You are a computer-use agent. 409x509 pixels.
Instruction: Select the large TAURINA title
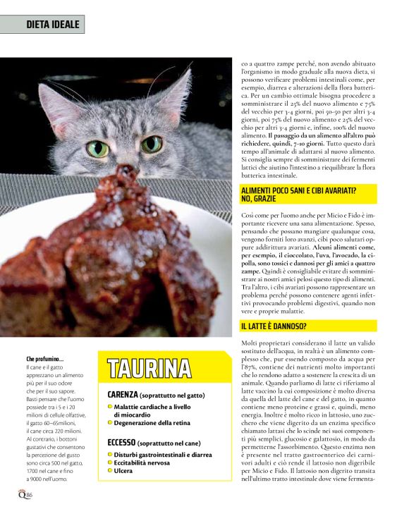coord(149,368)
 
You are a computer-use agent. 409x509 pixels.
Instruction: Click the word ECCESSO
coord(121,442)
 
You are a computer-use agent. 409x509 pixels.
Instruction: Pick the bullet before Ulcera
coord(111,471)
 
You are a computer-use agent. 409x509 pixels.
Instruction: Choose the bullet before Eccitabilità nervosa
coord(111,462)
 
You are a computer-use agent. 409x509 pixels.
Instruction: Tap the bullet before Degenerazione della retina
coord(111,423)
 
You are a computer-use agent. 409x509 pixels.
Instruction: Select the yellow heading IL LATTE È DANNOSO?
coord(274,326)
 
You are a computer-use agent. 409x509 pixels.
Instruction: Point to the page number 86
coord(30,496)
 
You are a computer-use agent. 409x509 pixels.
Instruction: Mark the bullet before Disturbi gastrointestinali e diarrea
coord(111,455)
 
